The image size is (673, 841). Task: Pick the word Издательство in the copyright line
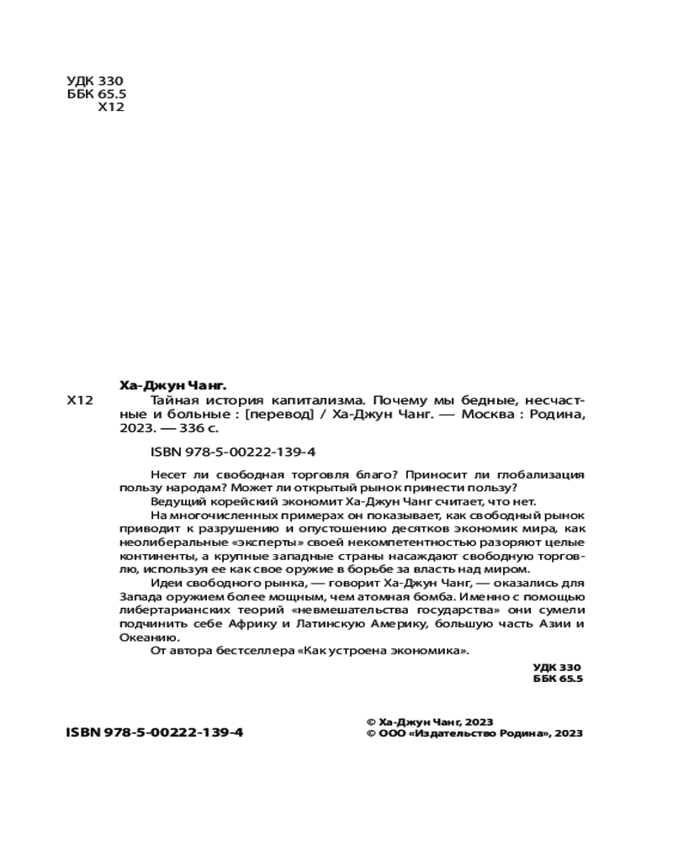point(453,733)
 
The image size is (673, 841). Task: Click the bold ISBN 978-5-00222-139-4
point(154,733)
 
